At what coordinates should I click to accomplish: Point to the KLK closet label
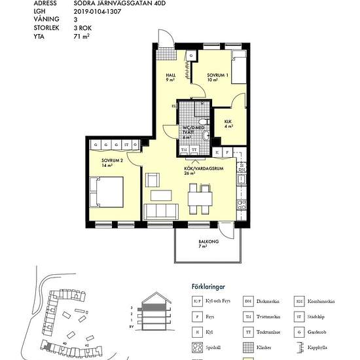(x=228, y=121)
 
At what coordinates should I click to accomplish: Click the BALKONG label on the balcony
(x=209, y=242)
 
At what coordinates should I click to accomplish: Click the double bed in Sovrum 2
(x=109, y=192)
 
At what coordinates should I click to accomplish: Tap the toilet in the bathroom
(x=206, y=135)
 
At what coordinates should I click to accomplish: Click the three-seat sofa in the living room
(x=161, y=211)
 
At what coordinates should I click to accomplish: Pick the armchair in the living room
(x=153, y=179)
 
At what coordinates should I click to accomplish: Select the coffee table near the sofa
(x=162, y=195)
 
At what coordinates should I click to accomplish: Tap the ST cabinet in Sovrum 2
(x=125, y=144)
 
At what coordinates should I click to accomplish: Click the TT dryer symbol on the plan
(x=194, y=151)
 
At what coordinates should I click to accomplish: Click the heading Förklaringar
(x=203, y=286)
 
